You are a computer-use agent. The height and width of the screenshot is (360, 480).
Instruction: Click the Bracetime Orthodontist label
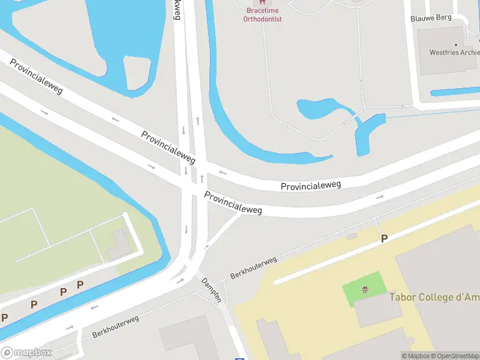point(262,14)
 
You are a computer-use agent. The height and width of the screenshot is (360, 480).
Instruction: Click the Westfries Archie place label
point(454,52)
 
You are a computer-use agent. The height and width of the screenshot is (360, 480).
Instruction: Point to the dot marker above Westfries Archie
point(456,44)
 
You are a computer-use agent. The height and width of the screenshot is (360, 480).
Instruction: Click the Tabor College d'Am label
point(434,296)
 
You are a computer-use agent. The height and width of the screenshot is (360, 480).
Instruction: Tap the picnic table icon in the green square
point(364,290)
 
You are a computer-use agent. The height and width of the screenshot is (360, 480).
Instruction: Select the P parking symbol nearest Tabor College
point(385,239)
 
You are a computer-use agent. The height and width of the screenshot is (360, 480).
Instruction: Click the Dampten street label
point(212,290)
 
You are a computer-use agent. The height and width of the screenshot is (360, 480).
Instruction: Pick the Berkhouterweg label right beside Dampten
point(254,268)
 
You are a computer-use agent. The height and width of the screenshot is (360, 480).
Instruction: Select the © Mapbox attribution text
point(415,356)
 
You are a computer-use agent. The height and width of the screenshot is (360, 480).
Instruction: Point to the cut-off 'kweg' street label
point(176,10)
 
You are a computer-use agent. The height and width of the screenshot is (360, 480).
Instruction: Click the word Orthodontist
point(262,19)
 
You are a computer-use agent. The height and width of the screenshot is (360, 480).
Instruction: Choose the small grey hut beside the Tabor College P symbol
point(352,236)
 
